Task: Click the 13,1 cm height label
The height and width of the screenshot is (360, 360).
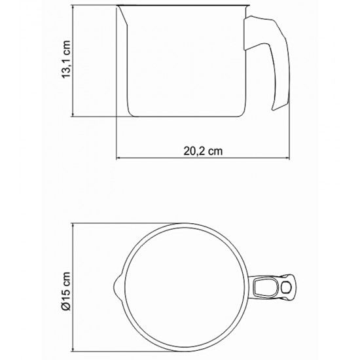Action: [x=66, y=59]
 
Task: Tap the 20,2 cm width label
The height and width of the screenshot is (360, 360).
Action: [x=203, y=151]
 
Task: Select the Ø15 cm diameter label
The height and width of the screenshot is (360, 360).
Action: [x=66, y=291]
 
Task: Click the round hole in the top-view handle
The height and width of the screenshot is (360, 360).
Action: [x=286, y=287]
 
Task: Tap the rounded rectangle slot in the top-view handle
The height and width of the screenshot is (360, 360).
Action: [x=266, y=287]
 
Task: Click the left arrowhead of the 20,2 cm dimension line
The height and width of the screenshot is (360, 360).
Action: [x=118, y=158]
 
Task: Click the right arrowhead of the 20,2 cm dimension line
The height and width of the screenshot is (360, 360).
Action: [x=287, y=158]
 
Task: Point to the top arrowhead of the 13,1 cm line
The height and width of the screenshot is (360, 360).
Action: [x=73, y=7]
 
